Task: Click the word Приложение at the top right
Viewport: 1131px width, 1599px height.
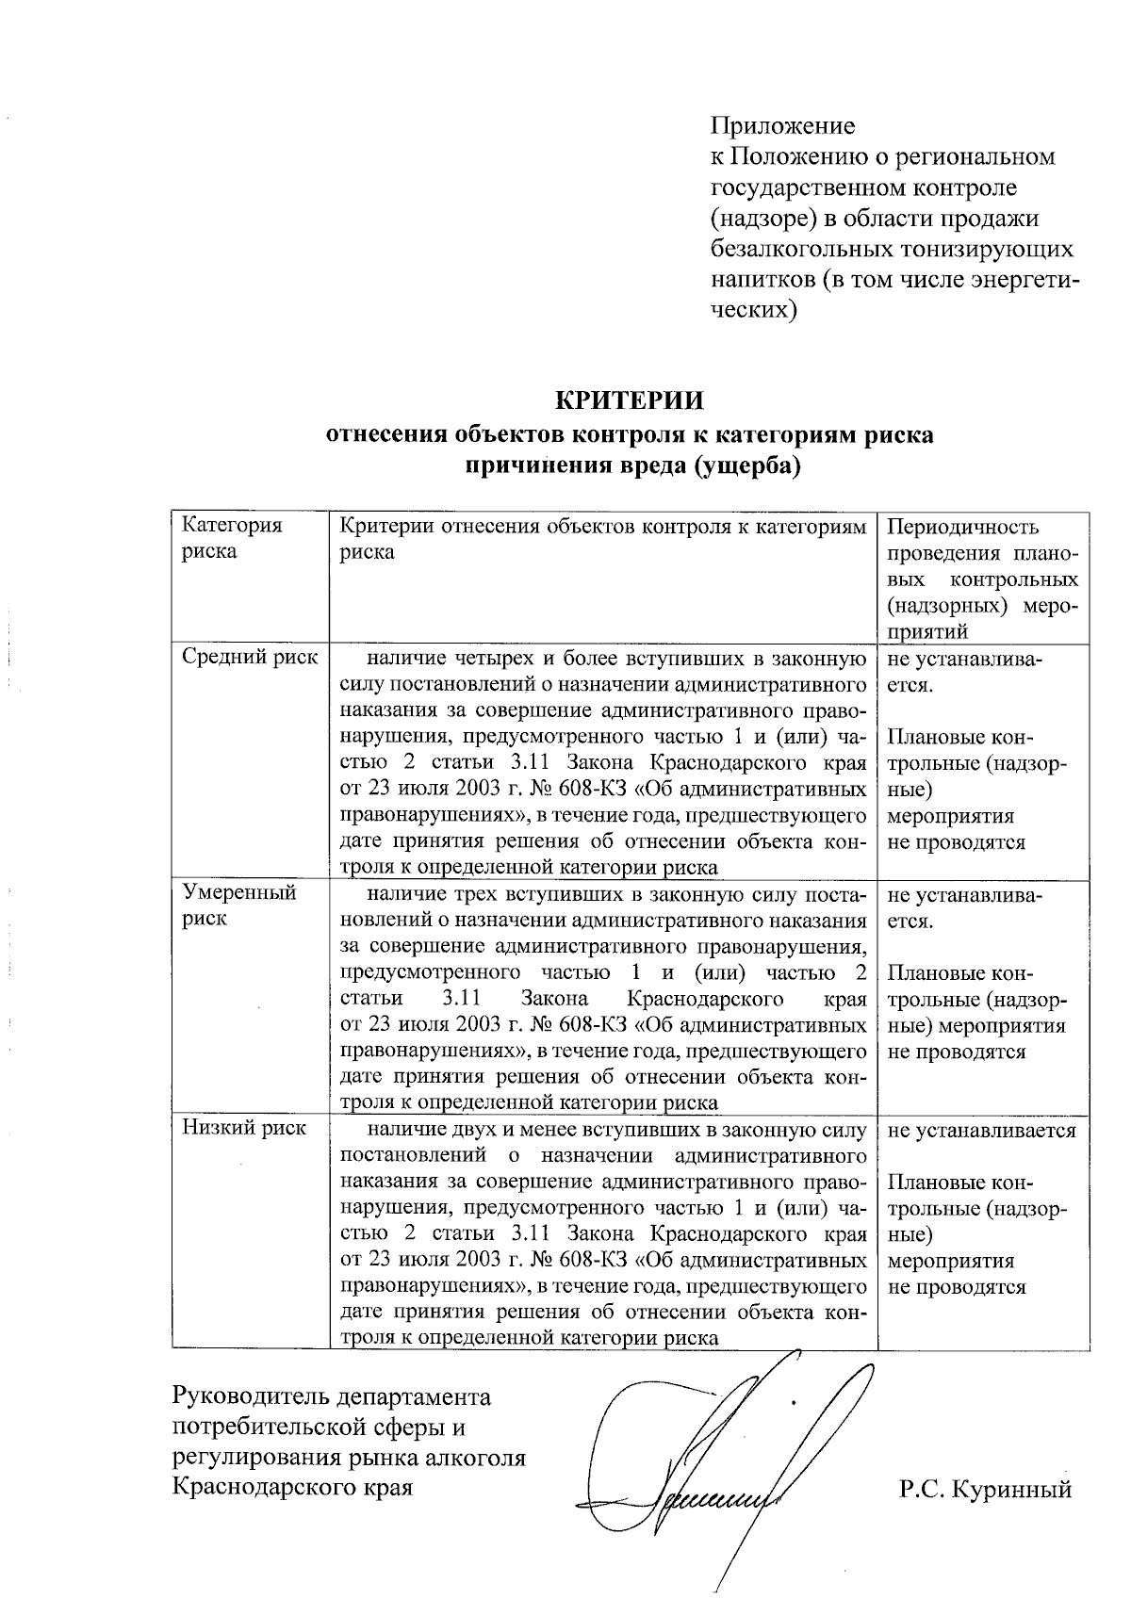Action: pos(782,125)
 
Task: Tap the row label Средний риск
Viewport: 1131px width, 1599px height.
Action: pos(250,658)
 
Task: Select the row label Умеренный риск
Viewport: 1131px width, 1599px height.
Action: pos(239,906)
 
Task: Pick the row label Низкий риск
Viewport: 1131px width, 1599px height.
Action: pos(244,1128)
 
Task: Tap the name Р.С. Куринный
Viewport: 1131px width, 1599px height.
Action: pos(986,1490)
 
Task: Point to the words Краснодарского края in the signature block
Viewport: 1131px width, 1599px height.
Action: pos(292,1489)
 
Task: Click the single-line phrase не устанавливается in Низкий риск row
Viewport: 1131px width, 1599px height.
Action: pos(981,1130)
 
